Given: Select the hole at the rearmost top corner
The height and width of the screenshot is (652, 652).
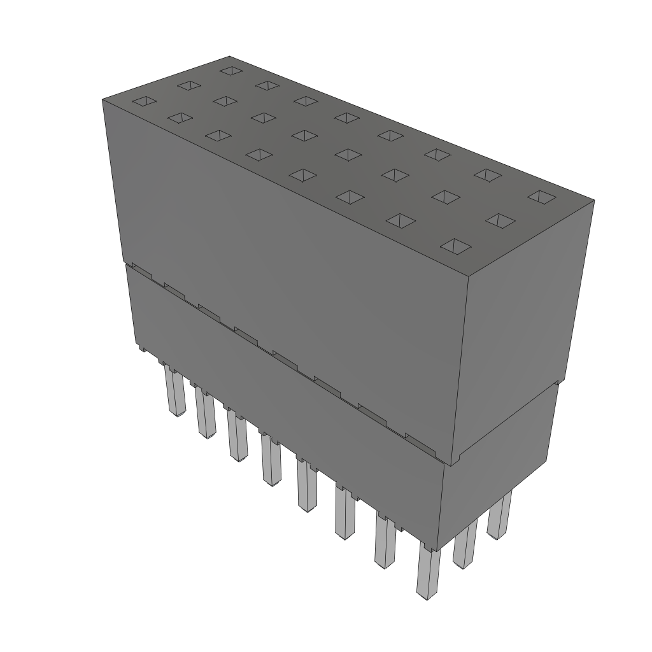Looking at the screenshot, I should [230, 69].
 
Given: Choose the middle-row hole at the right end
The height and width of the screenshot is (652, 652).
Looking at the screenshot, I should [500, 220].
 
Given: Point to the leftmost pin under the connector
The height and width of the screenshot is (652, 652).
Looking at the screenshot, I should [174, 392].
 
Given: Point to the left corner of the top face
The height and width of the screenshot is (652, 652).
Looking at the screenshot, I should [103, 99].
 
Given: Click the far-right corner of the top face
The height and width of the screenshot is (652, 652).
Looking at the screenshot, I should [594, 201].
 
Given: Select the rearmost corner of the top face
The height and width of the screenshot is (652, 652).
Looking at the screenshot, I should [229, 56].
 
